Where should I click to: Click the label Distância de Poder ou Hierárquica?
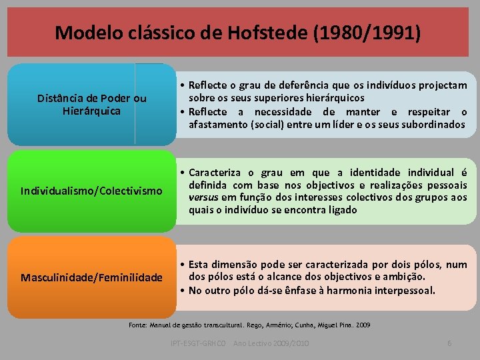pos(91,105)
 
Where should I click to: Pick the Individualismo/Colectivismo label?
pos(91,191)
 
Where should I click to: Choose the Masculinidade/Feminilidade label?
pos(91,277)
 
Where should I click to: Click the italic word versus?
pos(203,197)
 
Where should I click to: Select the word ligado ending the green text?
pos(341,209)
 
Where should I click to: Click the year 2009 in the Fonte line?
pos(362,325)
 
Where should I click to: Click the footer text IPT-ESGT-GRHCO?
pos(199,343)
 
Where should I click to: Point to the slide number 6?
pos(449,343)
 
